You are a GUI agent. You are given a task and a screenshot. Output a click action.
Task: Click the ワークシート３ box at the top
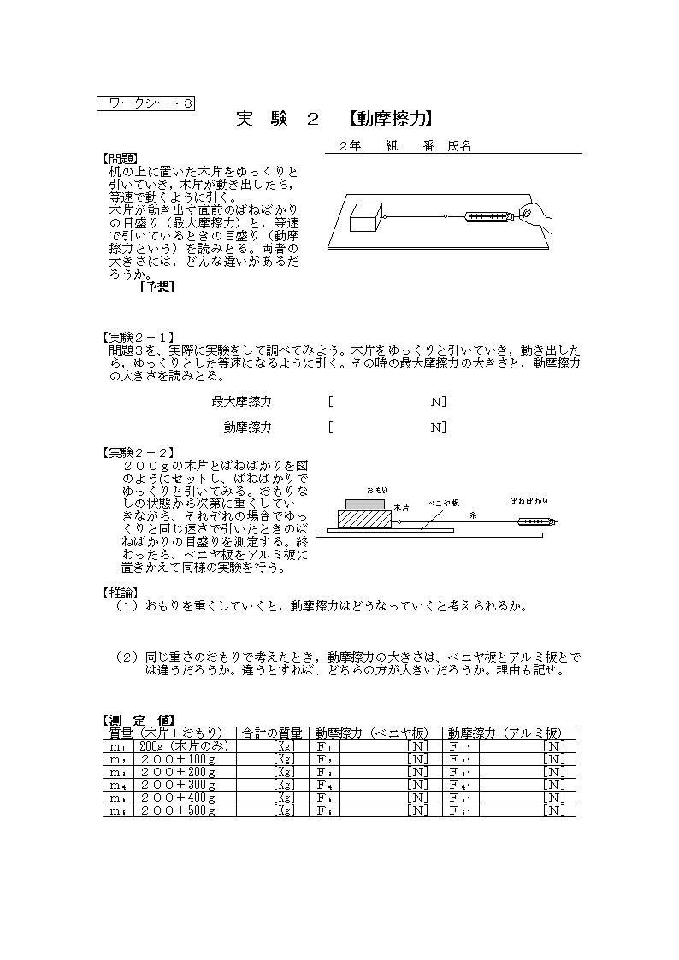click(x=146, y=103)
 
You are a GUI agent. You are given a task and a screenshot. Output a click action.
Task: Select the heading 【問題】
click(x=119, y=159)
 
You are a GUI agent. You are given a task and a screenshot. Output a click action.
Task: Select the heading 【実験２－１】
click(x=138, y=338)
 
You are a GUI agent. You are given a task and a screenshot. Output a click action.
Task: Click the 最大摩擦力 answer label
click(x=241, y=402)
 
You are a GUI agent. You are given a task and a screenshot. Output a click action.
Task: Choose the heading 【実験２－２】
click(x=138, y=452)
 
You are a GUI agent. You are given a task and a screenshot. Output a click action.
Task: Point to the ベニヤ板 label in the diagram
click(x=445, y=504)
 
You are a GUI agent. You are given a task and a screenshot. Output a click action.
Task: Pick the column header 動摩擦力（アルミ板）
click(x=505, y=733)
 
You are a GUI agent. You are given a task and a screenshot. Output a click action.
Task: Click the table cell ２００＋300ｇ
click(x=178, y=785)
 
